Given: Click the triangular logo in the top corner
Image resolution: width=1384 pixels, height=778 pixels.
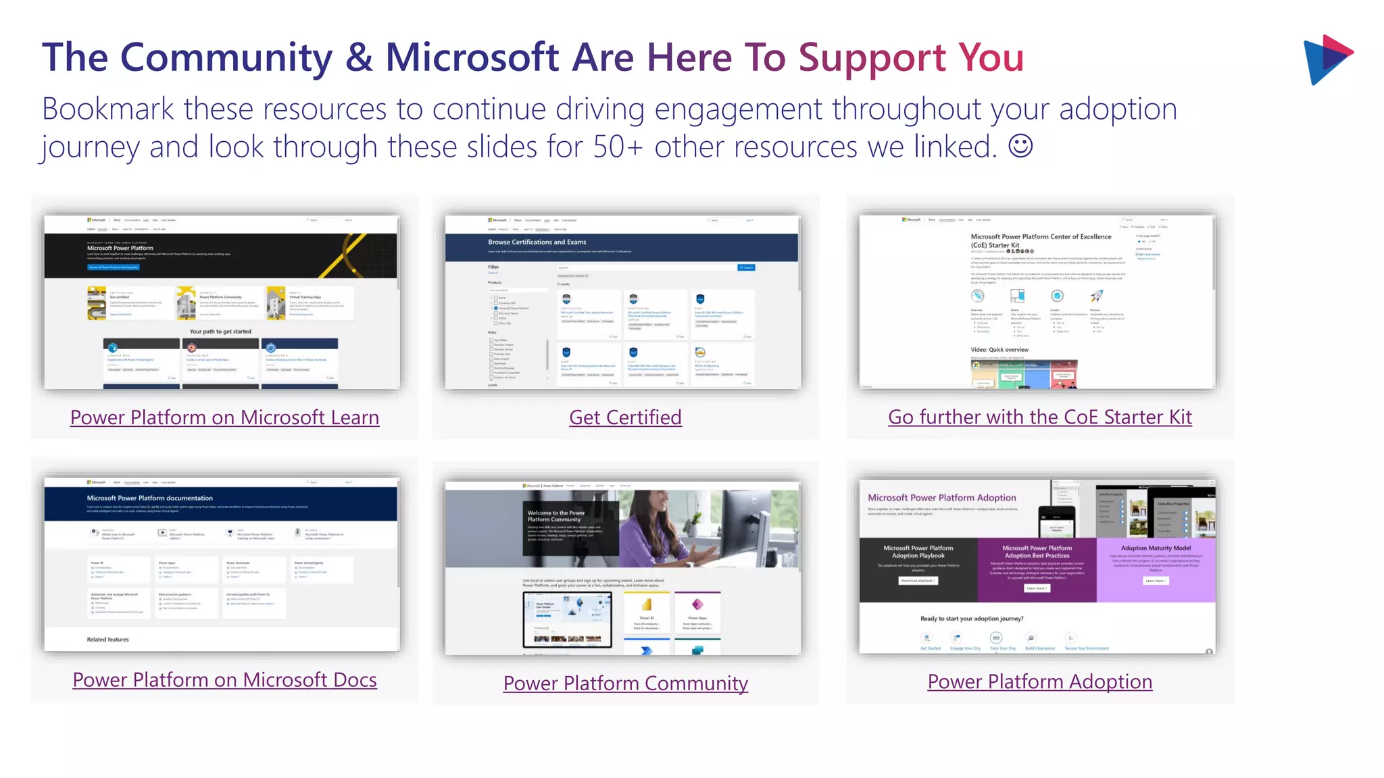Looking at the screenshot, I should (x=1327, y=59).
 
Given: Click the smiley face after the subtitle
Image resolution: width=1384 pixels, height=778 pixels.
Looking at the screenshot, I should (x=1020, y=146).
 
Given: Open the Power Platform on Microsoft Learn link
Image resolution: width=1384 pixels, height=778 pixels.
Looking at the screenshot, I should (x=224, y=417).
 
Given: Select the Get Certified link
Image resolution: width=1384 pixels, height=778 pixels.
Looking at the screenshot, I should (x=625, y=417).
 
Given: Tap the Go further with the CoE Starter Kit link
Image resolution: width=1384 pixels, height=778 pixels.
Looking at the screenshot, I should (x=1039, y=417).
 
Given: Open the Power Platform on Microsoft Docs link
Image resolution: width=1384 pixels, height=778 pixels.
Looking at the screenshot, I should (x=224, y=680).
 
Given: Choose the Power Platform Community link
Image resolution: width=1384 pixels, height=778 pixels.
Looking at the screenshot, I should (x=625, y=683).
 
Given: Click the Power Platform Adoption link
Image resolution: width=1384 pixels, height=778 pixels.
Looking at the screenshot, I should (x=1039, y=681).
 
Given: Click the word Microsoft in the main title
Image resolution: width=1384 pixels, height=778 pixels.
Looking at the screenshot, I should (x=472, y=57).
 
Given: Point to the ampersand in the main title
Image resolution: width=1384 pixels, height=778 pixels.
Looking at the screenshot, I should (x=359, y=57).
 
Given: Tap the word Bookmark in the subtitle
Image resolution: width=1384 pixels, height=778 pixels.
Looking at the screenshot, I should (x=108, y=109).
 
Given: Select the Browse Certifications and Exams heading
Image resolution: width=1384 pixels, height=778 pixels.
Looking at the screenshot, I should (x=537, y=242).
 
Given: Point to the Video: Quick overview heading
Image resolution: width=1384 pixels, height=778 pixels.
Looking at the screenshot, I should (x=999, y=350).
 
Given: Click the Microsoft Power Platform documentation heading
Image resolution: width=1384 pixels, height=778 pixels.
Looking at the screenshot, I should (x=149, y=498).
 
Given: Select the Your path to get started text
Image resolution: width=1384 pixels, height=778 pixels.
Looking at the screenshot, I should (x=220, y=332).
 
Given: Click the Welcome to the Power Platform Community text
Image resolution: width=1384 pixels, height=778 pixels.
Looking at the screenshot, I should (x=556, y=516).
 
